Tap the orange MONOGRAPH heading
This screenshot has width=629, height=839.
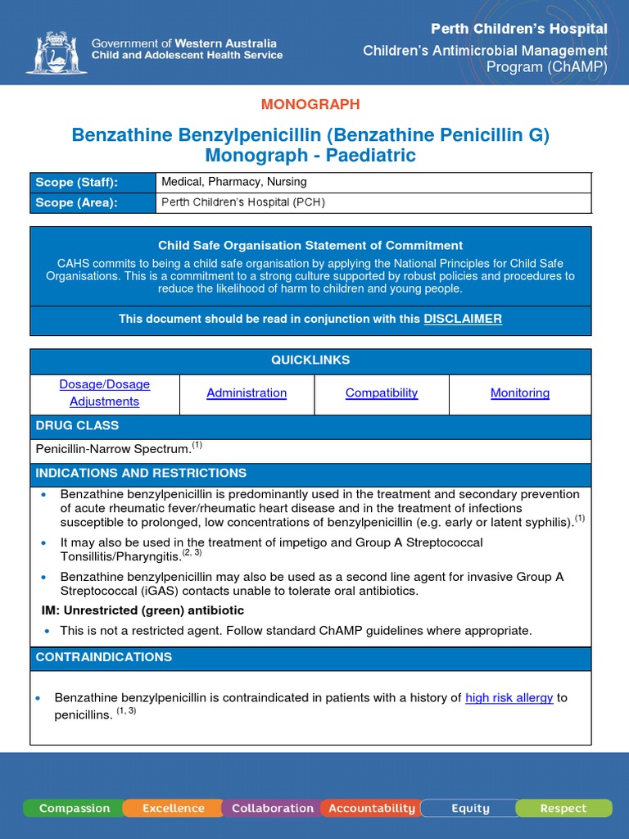click(310, 104)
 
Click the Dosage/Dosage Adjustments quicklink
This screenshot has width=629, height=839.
click(104, 392)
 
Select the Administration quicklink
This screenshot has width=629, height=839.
click(247, 392)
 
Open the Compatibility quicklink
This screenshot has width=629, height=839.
click(382, 392)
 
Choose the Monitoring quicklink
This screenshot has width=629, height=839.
click(520, 392)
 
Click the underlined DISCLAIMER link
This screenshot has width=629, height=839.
click(463, 319)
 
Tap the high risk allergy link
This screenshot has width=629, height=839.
click(509, 698)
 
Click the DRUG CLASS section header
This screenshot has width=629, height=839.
click(77, 426)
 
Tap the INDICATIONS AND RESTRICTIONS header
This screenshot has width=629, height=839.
click(141, 474)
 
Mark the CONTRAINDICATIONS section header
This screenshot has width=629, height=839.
click(104, 657)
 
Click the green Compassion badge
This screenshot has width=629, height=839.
click(74, 808)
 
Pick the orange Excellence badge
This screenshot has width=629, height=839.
click(174, 808)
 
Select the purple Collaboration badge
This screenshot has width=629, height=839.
click(272, 808)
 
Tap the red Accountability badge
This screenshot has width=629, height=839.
click(372, 808)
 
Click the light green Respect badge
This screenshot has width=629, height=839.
click(563, 808)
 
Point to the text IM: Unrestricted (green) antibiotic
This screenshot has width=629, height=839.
click(143, 610)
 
